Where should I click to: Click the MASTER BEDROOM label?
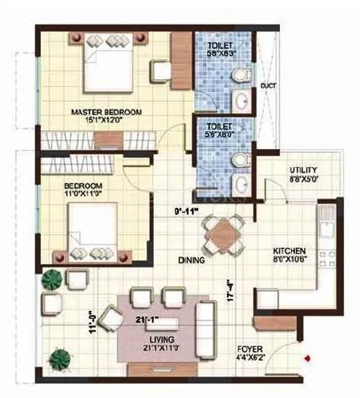pyautogui.click(x=106, y=112)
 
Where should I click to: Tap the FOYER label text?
pyautogui.click(x=253, y=348)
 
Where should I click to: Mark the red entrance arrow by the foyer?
pyautogui.click(x=308, y=356)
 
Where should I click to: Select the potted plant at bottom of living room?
pyautogui.click(x=61, y=358)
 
